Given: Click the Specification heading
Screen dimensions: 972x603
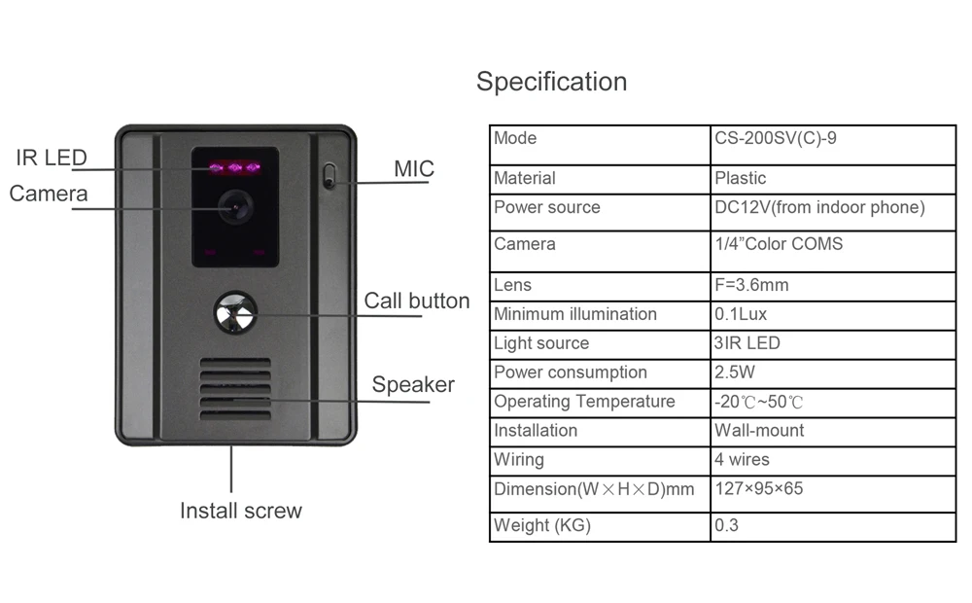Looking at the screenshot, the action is (x=551, y=82).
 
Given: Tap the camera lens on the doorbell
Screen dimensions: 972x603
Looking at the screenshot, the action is (x=235, y=205).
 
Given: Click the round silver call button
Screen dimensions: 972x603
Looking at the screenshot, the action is (x=235, y=313).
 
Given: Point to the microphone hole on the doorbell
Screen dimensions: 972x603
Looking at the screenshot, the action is (x=329, y=176).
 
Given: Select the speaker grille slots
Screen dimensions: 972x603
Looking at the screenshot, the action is (x=235, y=388).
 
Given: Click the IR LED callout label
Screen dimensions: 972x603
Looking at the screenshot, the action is (x=51, y=158).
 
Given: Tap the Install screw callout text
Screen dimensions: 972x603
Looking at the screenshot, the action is (x=241, y=511).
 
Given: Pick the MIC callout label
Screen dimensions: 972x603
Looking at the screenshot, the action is (x=413, y=169).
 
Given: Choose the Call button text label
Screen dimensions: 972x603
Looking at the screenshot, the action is (x=416, y=301).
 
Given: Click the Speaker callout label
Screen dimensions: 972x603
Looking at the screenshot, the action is (x=413, y=385).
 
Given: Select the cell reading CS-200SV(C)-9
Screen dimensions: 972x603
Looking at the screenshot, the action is (x=775, y=138).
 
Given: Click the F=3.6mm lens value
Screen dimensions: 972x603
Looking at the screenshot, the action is (x=751, y=285).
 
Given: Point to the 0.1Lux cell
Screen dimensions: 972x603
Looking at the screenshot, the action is (x=741, y=314).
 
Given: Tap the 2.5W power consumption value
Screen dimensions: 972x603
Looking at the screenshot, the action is (x=735, y=372).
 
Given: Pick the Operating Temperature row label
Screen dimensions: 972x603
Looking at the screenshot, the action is (x=584, y=402).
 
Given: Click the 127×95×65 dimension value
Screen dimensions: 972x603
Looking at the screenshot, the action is (x=759, y=488).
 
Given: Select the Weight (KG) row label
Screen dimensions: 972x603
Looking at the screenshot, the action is (x=541, y=526).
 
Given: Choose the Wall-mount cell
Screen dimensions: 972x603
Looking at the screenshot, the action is (x=759, y=430).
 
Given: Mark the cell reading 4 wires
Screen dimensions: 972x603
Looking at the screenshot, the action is (x=742, y=459).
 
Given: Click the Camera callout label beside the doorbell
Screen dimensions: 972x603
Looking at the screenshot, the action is (x=49, y=194).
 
